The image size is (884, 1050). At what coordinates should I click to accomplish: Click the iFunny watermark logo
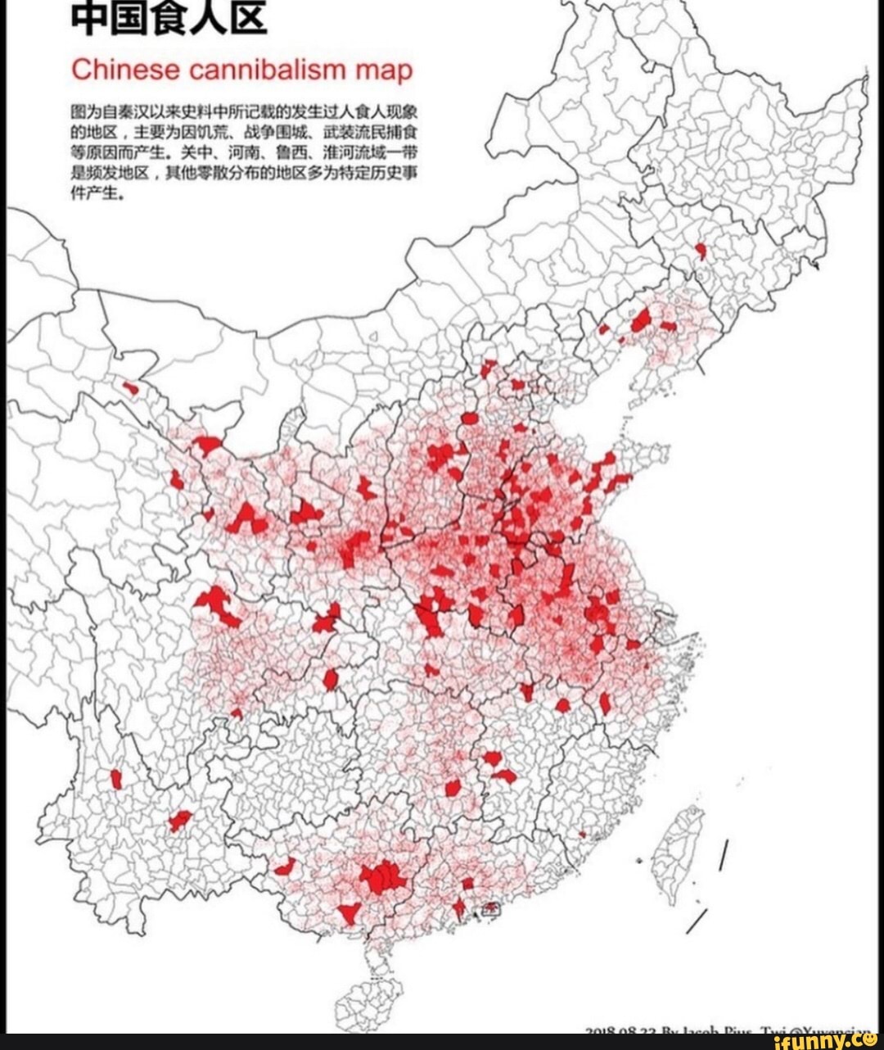[823, 1040]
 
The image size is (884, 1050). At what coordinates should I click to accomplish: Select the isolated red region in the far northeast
[701, 251]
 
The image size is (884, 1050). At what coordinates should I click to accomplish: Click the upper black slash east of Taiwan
[724, 855]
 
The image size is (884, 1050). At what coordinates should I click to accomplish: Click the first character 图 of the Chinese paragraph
[77, 114]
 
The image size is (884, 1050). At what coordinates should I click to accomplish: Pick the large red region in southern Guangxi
[382, 878]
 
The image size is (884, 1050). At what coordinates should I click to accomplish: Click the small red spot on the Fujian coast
[582, 835]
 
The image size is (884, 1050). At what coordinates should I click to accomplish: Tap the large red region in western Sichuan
[217, 604]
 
